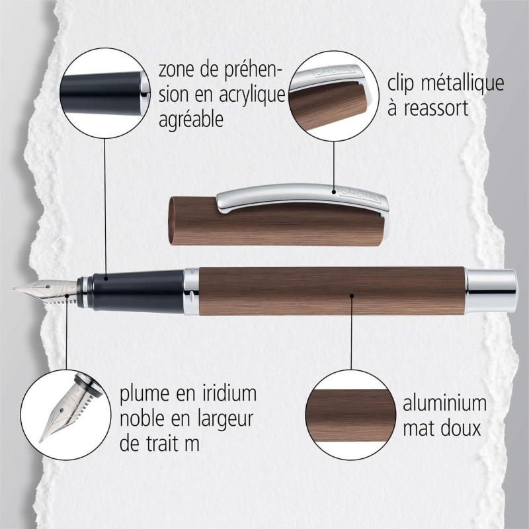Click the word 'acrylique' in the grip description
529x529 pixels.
(x=253, y=95)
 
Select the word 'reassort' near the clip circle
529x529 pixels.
(x=436, y=108)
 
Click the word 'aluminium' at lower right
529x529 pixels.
(x=444, y=403)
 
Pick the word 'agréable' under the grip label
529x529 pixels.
(x=191, y=120)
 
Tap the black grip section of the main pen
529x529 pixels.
(x=138, y=291)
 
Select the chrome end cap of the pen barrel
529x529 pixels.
(x=491, y=291)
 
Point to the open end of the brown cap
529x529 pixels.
(x=173, y=221)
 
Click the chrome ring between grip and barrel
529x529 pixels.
(x=192, y=292)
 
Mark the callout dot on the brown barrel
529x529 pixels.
(x=352, y=296)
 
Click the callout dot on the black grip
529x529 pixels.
(x=106, y=278)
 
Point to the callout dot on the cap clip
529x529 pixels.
(x=334, y=192)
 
